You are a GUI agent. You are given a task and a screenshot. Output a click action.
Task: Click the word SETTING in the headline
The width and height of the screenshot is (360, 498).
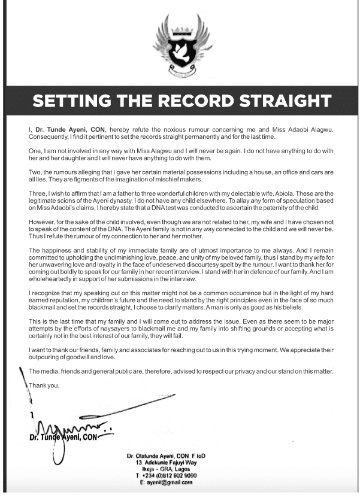[72, 100]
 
